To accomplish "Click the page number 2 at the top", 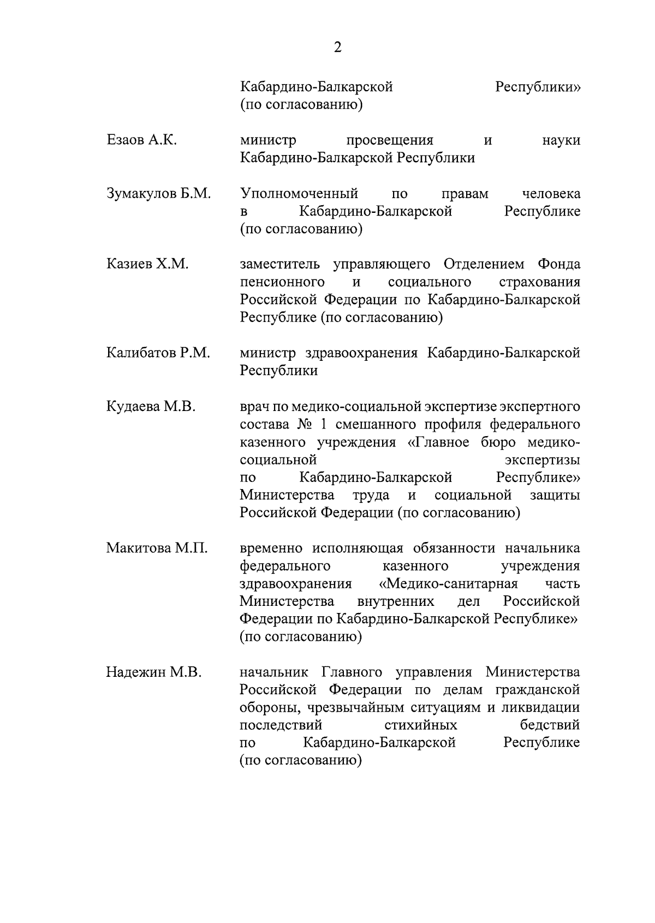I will (x=337, y=48).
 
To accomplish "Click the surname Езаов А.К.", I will (x=141, y=140).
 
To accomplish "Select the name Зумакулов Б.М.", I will (x=158, y=194).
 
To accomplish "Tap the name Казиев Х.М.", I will (x=147, y=265).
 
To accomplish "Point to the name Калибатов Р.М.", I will (x=158, y=353).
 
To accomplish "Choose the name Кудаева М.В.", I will (x=151, y=407).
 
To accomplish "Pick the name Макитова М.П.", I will (x=157, y=548).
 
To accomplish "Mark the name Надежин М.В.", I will (x=153, y=672).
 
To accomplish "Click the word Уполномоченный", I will (x=299, y=194).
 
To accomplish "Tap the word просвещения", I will (x=390, y=140).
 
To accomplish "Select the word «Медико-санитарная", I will (x=448, y=583).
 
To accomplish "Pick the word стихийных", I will (x=420, y=725).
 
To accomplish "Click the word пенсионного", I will (x=282, y=282).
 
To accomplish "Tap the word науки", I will (x=561, y=140).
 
